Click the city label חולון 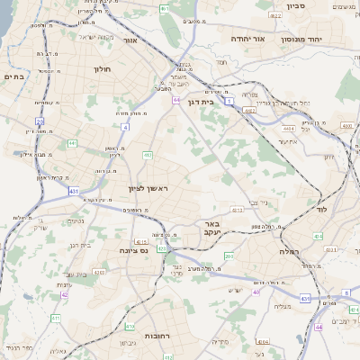tap(101, 68)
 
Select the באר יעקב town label tap(211, 228)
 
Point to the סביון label tap(296, 5)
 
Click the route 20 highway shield tap(40, 121)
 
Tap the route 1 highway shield tap(230, 103)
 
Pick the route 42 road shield tap(65, 293)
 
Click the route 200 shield tap(229, 257)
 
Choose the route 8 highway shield tap(346, 292)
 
